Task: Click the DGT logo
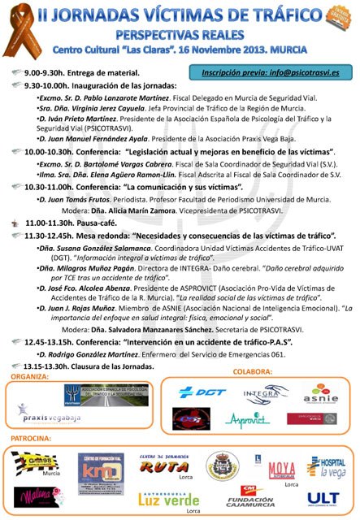(x=201, y=392)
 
